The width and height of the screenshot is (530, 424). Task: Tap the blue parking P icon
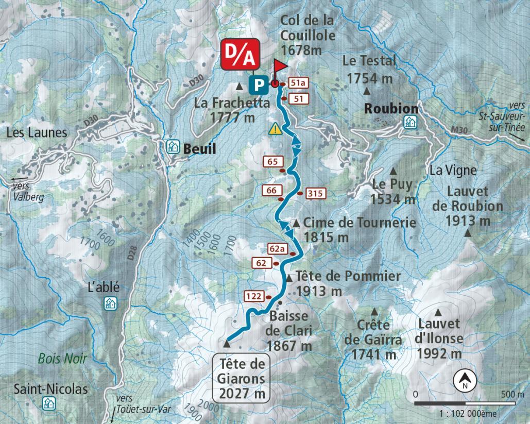coord(258,83)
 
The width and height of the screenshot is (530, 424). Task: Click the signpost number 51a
coord(298,82)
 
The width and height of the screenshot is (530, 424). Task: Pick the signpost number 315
coord(316,194)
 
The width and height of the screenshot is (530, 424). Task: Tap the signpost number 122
coord(253,296)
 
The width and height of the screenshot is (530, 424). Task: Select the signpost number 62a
coord(278,249)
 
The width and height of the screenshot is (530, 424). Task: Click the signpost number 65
coord(272,162)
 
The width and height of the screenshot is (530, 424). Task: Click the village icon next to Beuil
coord(172,147)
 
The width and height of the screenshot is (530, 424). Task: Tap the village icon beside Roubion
coord(410,122)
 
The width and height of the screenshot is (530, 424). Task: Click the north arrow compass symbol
coord(465,381)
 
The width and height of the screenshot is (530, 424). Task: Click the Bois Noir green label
coord(62,359)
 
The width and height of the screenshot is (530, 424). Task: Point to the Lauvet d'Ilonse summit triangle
coord(438,312)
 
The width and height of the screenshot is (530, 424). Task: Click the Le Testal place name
coord(369,61)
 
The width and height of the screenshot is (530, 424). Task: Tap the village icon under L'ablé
coord(111,303)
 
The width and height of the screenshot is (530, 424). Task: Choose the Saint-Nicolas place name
coord(51,388)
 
